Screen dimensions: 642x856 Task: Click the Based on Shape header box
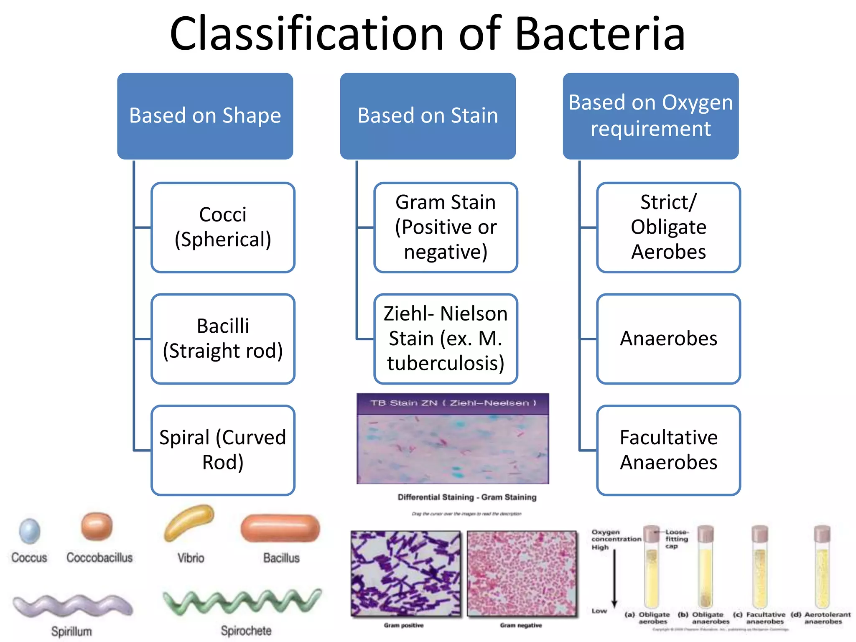(205, 116)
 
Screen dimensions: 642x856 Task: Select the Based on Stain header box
(428, 116)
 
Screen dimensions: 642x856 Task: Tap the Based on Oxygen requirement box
(650, 116)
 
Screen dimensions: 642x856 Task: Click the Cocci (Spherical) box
(223, 227)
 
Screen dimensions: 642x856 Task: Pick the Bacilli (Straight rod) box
(223, 339)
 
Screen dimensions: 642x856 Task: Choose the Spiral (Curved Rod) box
(223, 450)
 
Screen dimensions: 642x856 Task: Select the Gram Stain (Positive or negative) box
(446, 227)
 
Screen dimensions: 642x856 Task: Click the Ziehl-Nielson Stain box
(446, 339)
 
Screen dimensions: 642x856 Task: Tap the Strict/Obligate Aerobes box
(668, 227)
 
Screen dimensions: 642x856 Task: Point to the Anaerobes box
(668, 339)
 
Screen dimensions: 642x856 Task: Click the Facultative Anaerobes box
(668, 450)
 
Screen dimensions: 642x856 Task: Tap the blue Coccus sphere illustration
(30, 531)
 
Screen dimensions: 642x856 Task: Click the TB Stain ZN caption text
(453, 403)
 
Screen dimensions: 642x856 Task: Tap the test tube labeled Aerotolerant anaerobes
(822, 568)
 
